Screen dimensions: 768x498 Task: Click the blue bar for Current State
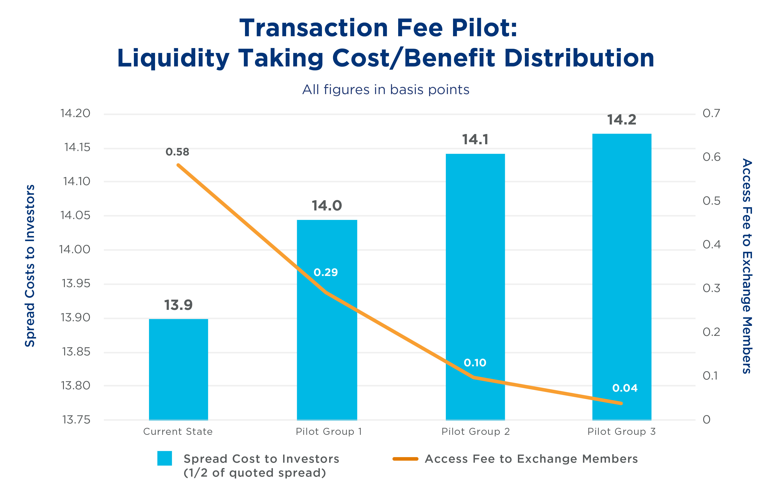pos(179,369)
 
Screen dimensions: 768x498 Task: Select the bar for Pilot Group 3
pos(622,277)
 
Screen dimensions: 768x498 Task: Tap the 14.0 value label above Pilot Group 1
pos(327,206)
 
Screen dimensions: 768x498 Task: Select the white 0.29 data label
pos(326,272)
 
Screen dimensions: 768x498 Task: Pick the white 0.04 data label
pos(625,388)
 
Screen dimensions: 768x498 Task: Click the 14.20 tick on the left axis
pos(75,113)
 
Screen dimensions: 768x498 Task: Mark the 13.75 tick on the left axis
pos(76,420)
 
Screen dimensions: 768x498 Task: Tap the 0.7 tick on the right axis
pos(711,113)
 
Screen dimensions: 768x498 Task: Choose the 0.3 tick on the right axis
pos(711,288)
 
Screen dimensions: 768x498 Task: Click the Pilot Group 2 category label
pos(475,432)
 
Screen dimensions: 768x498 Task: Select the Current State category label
pos(178,432)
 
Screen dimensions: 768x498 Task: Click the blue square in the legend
pos(165,458)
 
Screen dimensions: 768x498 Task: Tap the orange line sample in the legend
pos(405,459)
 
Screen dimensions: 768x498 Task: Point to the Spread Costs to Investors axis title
pos(30,266)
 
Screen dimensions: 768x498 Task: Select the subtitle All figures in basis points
pos(386,90)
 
